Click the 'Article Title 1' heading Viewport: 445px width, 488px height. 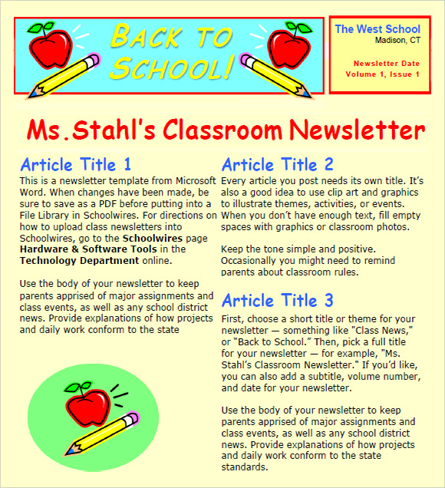tap(76, 164)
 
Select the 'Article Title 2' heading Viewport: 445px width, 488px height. tap(278, 164)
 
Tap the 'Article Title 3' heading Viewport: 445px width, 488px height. tap(278, 300)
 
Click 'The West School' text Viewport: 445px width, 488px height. tap(377, 29)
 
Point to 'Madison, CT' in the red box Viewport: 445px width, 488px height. tap(397, 41)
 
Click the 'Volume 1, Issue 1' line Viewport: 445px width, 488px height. tap(382, 74)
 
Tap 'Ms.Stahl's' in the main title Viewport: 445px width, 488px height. tap(91, 130)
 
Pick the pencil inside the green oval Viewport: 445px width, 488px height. tap(104, 433)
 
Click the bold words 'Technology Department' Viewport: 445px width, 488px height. tap(68, 261)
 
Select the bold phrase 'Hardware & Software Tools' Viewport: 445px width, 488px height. tap(88, 249)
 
